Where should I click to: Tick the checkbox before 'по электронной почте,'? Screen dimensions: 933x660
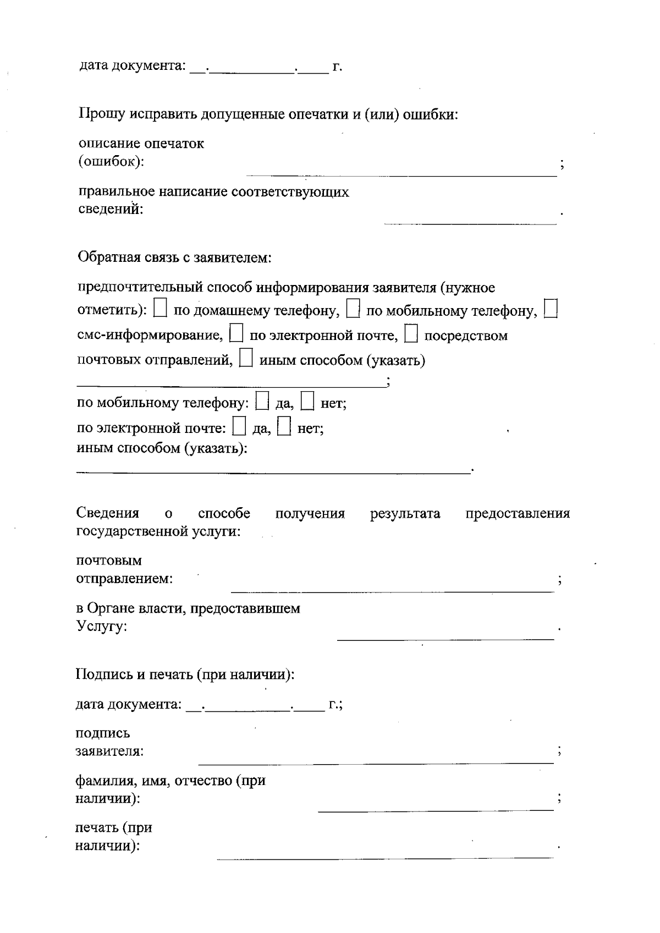tap(236, 333)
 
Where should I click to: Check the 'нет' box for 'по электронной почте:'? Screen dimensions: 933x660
tap(284, 426)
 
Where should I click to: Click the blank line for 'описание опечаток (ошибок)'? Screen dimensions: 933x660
tap(402, 175)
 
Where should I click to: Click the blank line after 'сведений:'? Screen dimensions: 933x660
tap(470, 223)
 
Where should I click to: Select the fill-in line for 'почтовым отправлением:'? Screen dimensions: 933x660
tap(392, 591)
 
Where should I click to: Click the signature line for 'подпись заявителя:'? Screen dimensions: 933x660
tap(376, 763)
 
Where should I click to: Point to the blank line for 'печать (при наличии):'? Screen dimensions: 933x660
tap(385, 857)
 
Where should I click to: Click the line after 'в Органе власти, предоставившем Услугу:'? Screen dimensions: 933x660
tap(446, 639)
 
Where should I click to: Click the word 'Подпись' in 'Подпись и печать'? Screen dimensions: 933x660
tap(101, 674)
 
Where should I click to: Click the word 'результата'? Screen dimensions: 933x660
tap(405, 514)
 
